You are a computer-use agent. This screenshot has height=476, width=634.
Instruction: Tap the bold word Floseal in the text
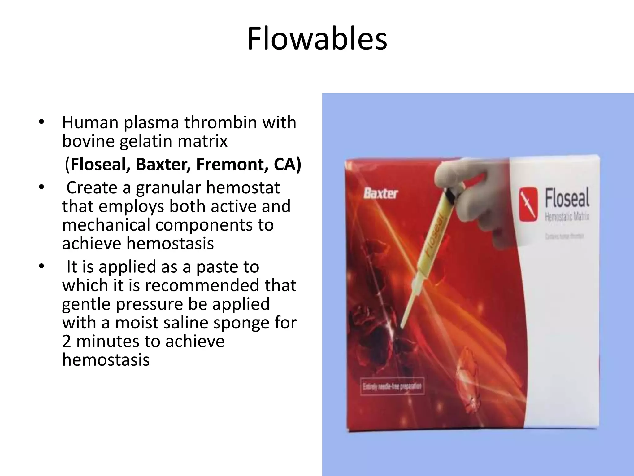100,164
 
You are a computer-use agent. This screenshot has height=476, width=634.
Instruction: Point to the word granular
168,187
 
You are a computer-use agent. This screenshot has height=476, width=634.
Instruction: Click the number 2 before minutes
67,341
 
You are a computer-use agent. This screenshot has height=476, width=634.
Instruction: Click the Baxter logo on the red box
380,194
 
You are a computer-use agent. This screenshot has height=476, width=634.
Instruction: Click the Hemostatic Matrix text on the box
567,216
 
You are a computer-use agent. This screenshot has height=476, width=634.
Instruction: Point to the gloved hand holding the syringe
474,192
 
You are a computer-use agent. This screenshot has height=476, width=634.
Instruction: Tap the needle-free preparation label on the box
392,386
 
